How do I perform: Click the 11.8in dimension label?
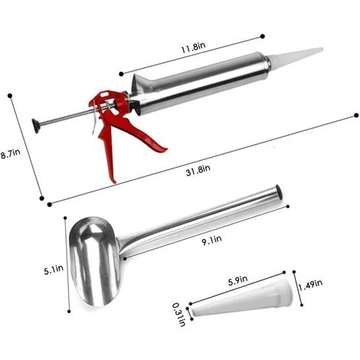click(193, 47)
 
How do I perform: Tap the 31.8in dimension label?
click(198, 170)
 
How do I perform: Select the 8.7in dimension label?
click(10, 154)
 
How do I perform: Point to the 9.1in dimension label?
click(211, 241)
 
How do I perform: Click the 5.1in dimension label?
click(54, 270)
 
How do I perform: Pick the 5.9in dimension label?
click(237, 280)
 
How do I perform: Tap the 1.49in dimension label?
click(310, 285)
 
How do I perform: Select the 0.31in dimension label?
click(179, 315)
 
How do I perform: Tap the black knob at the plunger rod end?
click(35, 126)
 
